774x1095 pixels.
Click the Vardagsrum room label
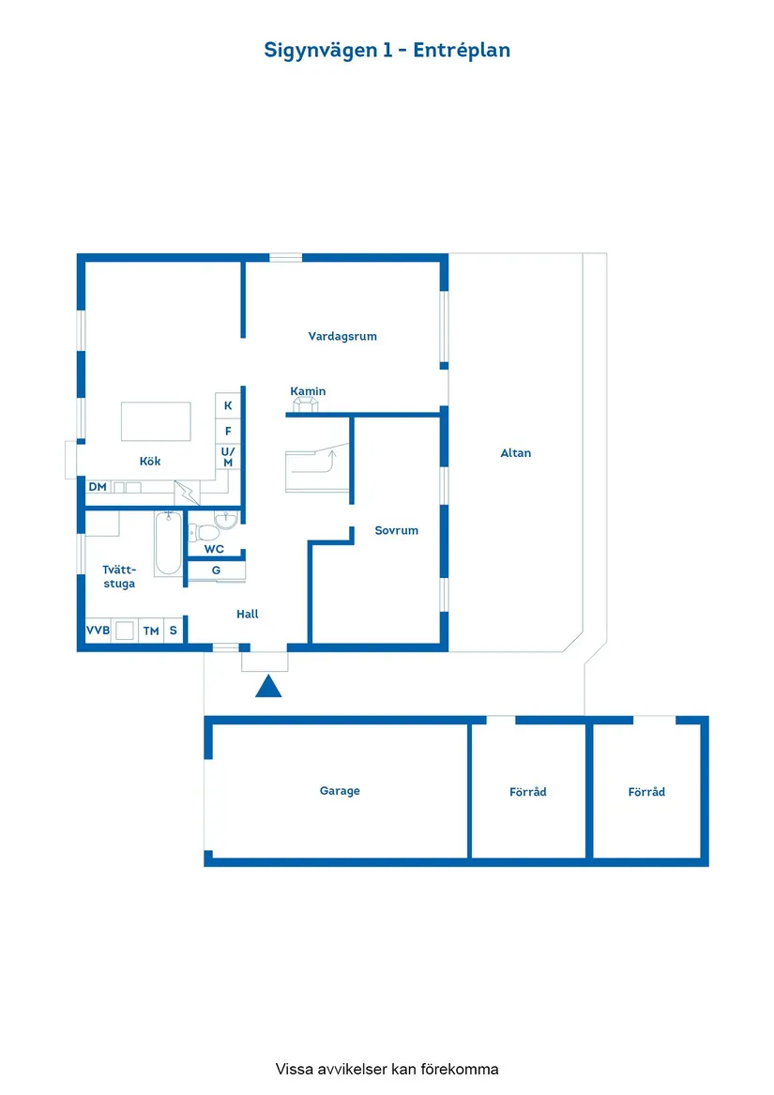(342, 336)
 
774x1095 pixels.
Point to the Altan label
(516, 453)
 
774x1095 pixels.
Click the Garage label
(340, 791)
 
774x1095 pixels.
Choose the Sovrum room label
(396, 530)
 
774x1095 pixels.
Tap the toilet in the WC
(207, 532)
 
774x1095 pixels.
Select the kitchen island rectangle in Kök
(156, 421)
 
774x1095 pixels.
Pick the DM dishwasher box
(98, 487)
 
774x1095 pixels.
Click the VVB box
(98, 631)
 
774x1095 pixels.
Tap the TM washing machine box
(151, 631)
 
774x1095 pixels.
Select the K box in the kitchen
(228, 405)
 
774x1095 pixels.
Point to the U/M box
(228, 457)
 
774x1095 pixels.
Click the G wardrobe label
(216, 570)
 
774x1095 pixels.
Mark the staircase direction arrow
(328, 460)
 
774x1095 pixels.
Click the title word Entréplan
(462, 50)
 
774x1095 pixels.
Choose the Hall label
(248, 614)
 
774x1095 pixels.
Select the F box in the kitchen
(228, 431)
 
